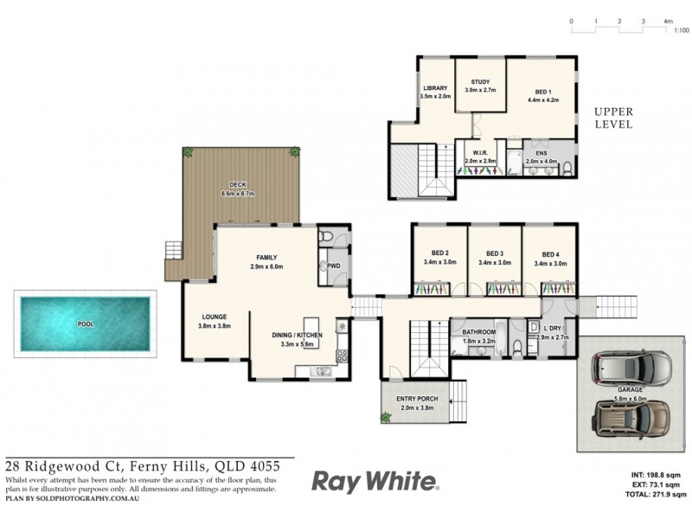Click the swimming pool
86,324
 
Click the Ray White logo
375,481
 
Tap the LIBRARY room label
436,88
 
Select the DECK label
239,183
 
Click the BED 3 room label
495,253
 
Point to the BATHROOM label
478,332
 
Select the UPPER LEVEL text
613,119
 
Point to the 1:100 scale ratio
681,30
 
